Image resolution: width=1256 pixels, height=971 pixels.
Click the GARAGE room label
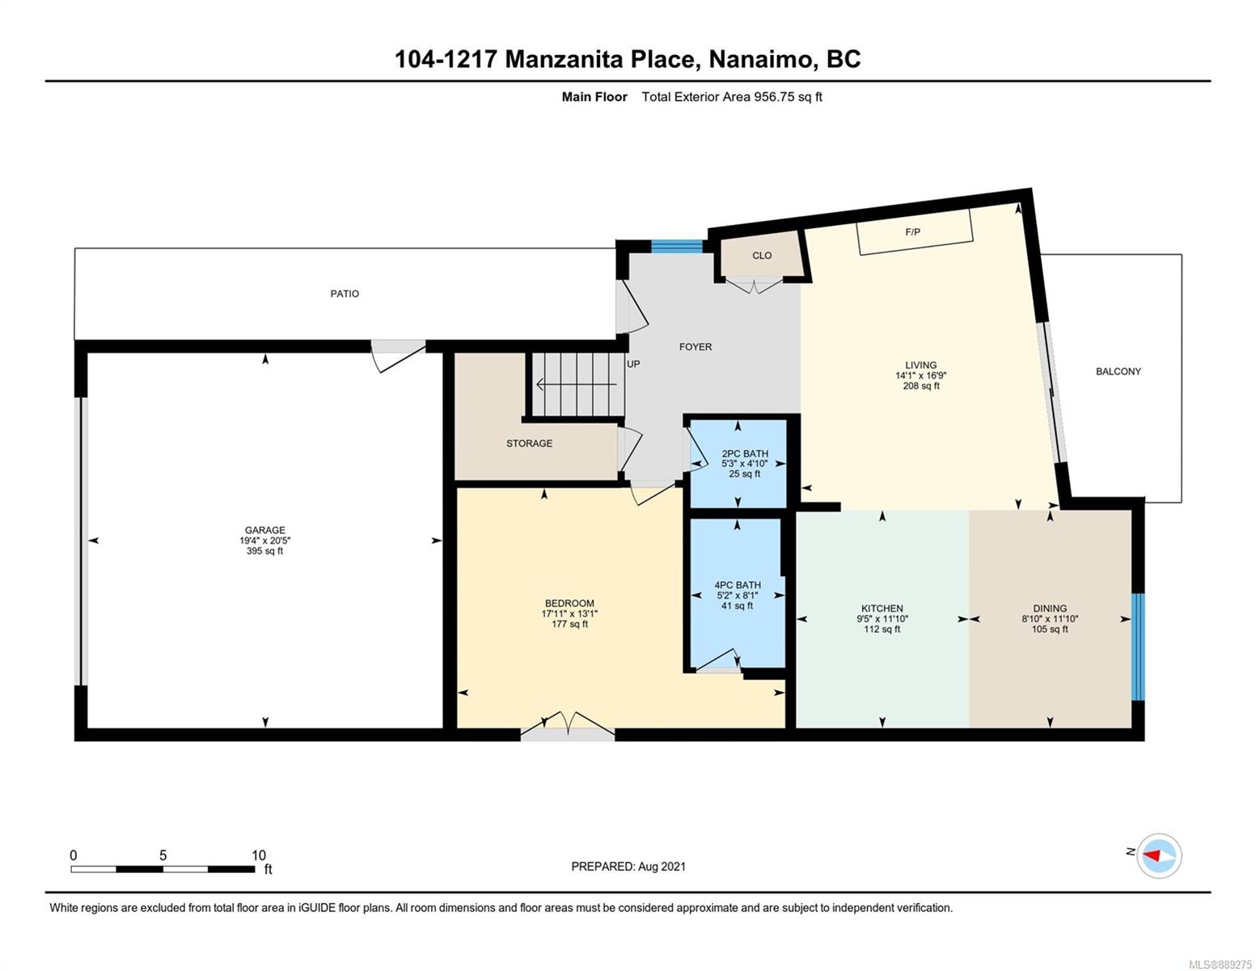(x=264, y=530)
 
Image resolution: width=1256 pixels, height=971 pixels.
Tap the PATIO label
(x=345, y=294)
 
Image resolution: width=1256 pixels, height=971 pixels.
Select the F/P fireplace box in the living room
(x=914, y=231)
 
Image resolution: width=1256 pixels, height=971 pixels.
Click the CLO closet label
(x=762, y=256)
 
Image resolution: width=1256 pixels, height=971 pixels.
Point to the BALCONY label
(x=1119, y=371)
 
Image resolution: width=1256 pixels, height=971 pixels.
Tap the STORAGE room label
(x=530, y=443)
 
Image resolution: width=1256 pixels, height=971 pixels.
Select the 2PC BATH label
(x=745, y=453)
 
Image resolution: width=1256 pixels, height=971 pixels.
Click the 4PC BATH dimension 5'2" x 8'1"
(x=737, y=595)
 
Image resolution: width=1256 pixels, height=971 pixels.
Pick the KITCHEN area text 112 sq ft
(x=882, y=630)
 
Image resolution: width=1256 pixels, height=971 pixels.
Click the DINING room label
(x=1050, y=608)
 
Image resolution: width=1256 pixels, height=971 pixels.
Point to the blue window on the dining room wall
(x=1137, y=647)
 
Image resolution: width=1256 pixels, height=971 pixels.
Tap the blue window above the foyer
(x=677, y=246)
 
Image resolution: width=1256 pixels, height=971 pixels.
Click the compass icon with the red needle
(x=1159, y=856)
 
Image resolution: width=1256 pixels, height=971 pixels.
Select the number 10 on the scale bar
(x=259, y=855)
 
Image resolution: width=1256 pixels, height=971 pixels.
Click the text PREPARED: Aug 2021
(x=628, y=867)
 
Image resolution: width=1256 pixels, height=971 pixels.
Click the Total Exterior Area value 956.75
(x=775, y=97)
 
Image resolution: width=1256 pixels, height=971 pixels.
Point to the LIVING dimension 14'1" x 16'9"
(x=920, y=375)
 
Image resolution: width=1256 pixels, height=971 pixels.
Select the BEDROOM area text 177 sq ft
(x=569, y=624)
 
